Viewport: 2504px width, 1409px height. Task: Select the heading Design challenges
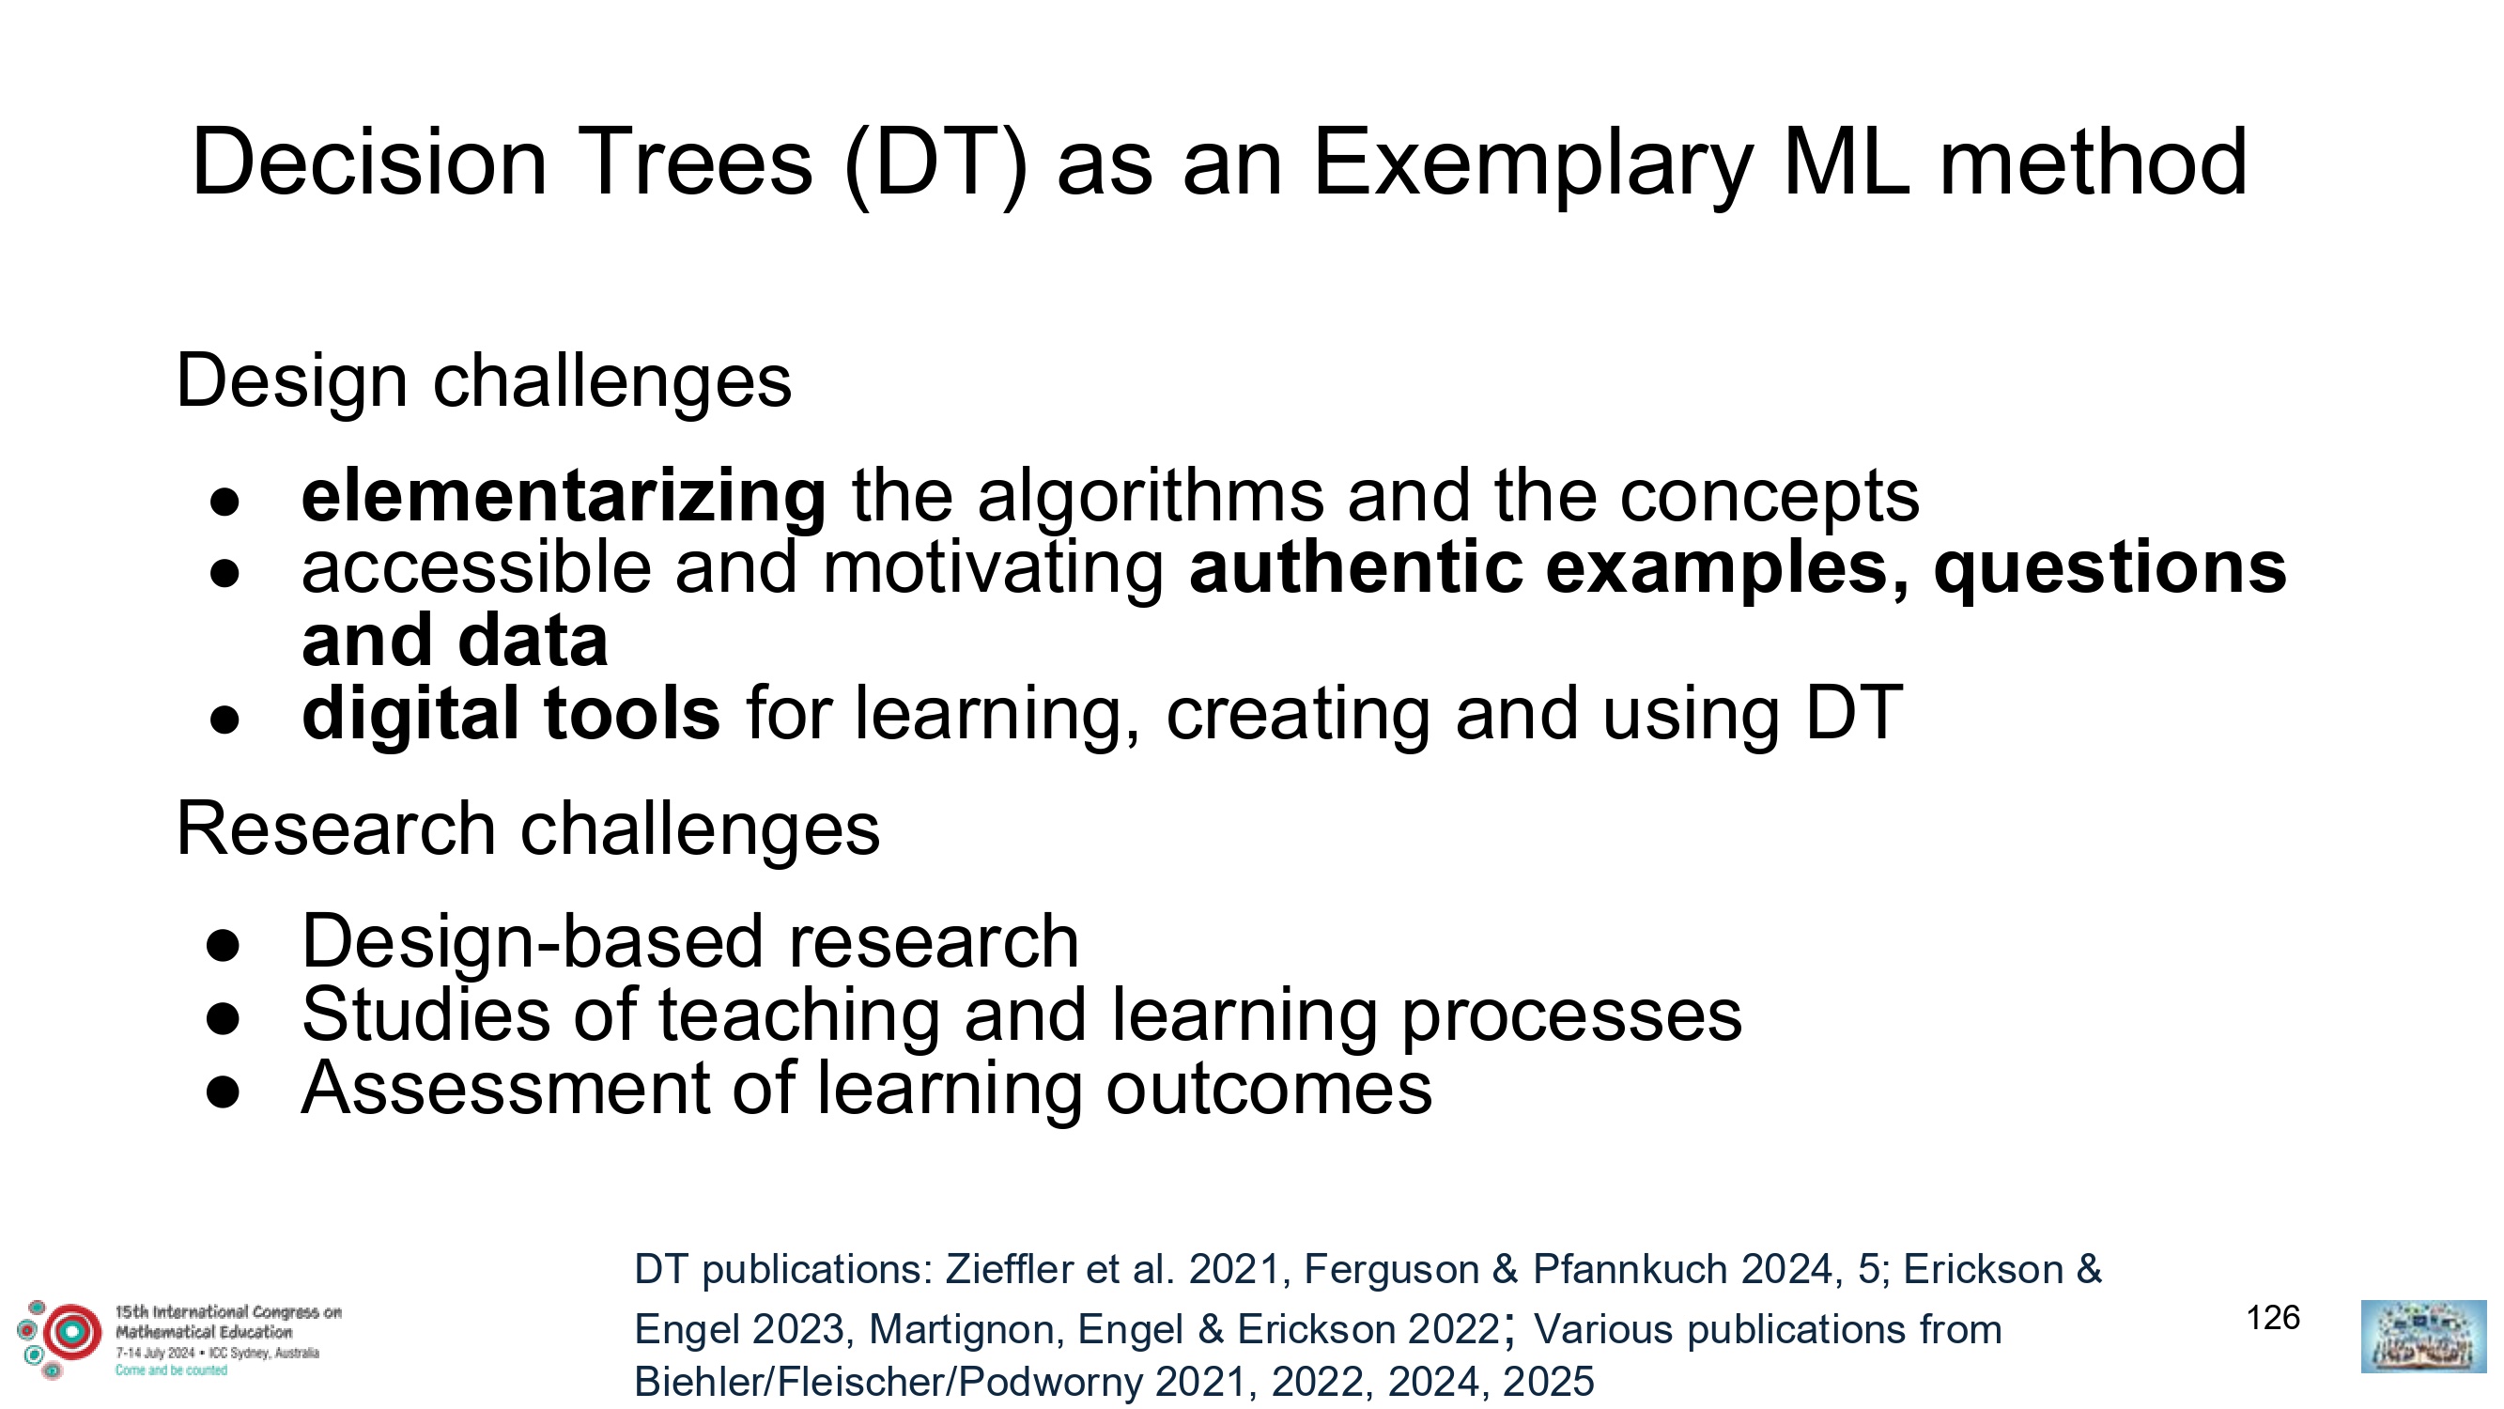click(484, 382)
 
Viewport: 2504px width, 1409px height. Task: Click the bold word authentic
click(1356, 568)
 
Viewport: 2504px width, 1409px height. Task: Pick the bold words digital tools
click(511, 714)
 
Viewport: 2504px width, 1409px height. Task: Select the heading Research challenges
click(528, 829)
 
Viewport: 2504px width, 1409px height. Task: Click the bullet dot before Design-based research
click(224, 945)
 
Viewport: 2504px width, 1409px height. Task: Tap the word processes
click(1571, 1017)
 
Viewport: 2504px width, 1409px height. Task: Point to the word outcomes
click(1269, 1089)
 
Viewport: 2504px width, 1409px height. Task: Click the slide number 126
click(2273, 1318)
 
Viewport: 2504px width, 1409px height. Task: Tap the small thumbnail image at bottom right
click(2423, 1337)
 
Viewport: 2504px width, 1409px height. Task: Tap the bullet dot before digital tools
click(224, 720)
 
